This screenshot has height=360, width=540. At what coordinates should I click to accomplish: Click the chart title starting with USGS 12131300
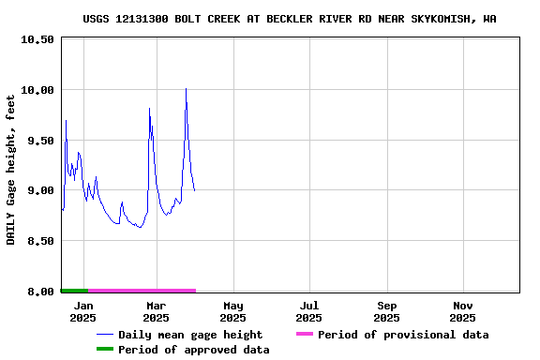pos(289,19)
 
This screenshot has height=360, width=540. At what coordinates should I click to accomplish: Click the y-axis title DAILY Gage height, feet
pos(11,170)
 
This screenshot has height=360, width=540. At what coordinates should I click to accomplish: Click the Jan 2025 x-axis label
pos(83,311)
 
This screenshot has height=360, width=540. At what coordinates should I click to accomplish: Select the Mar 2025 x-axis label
pos(157,311)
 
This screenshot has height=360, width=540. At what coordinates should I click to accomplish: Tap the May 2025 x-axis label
pos(233,311)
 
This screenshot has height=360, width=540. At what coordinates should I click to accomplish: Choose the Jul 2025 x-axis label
pos(309,311)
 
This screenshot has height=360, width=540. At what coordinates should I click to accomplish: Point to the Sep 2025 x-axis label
pos(386,311)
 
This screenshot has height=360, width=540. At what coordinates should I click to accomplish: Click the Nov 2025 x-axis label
pos(463,311)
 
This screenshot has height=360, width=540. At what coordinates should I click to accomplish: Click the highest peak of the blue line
pos(186,89)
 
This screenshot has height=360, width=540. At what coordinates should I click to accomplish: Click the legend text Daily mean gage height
pos(190,335)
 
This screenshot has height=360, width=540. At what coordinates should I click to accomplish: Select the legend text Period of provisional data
pos(403,335)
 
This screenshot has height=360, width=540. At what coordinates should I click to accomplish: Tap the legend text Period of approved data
pos(194,350)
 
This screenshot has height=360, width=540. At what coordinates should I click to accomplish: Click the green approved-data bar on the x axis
pos(74,291)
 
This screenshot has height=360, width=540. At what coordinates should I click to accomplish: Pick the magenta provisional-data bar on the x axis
pos(141,291)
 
